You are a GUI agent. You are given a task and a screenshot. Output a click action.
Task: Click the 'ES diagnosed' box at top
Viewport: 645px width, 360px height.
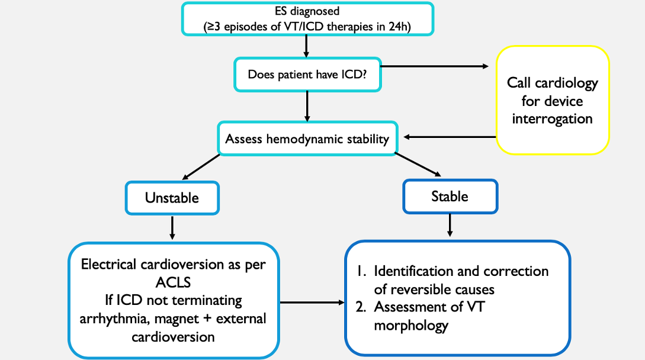click(x=306, y=18)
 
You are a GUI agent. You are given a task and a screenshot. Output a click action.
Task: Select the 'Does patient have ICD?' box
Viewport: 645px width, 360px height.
click(x=307, y=75)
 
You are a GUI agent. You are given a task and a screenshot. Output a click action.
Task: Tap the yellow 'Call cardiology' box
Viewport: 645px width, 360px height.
click(x=552, y=100)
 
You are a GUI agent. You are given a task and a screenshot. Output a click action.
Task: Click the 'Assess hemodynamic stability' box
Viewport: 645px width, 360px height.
click(x=307, y=139)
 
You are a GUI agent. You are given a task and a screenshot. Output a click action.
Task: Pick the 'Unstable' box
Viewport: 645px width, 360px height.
click(x=172, y=197)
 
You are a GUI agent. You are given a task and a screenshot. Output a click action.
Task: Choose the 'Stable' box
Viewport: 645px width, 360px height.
click(x=450, y=196)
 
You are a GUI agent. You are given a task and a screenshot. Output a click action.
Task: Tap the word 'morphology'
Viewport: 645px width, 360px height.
click(x=411, y=325)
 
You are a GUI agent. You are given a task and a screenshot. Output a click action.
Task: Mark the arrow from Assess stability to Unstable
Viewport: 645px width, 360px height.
click(x=202, y=165)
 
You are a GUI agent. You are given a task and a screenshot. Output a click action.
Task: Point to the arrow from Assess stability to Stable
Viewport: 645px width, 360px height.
click(x=418, y=165)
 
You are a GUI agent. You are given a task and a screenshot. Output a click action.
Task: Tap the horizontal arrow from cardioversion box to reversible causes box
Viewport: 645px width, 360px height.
click(x=312, y=303)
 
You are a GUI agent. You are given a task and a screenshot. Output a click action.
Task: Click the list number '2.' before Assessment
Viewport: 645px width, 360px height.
click(x=362, y=308)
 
